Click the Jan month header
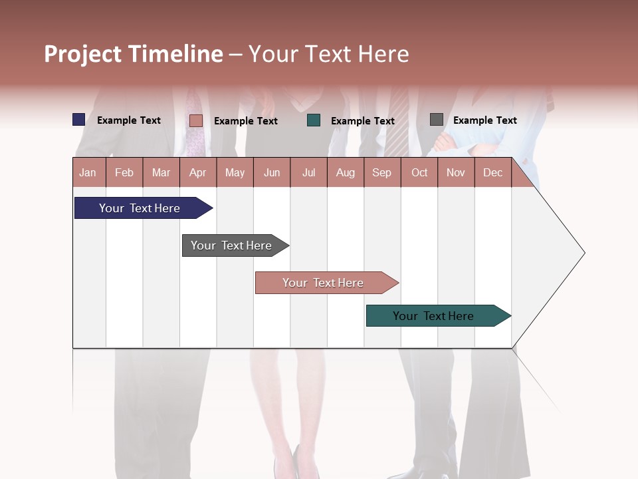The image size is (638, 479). tap(88, 172)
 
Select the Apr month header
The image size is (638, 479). tap(197, 172)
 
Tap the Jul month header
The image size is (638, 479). tap(308, 172)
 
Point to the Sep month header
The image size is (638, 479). tap(381, 172)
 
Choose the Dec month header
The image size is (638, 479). tap(492, 172)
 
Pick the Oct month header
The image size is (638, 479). tap(419, 172)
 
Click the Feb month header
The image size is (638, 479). tap(124, 172)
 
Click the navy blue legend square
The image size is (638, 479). tap(78, 120)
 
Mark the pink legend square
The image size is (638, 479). tap(195, 120)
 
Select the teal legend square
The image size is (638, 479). tap(314, 120)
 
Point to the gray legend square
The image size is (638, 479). tap(436, 120)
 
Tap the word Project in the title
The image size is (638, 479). tap(82, 54)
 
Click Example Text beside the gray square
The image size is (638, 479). tap(484, 120)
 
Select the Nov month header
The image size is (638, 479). tap(455, 172)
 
